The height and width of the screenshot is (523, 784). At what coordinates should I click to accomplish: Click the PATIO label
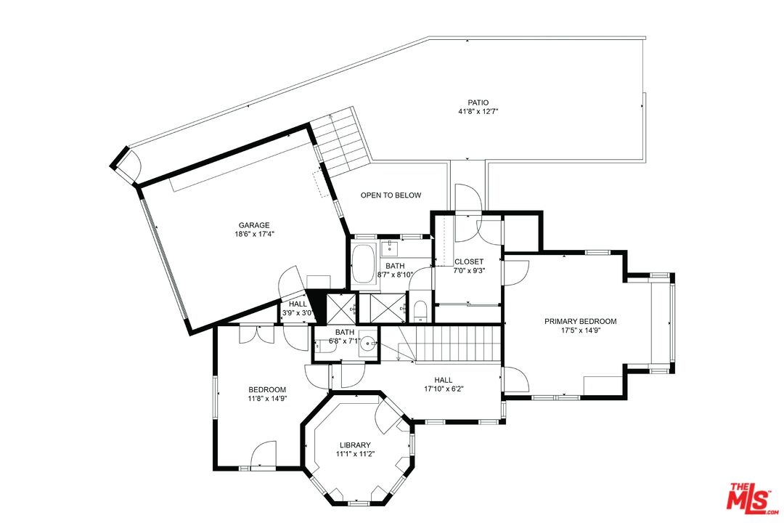coord(478,102)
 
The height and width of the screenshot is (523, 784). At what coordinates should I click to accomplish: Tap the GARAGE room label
coord(254,225)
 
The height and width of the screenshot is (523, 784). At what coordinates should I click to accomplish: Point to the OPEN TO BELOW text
coord(391,195)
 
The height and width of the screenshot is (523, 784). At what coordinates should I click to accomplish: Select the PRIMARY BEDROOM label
coord(581,321)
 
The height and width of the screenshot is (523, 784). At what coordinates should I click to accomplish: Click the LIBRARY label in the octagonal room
coord(355,445)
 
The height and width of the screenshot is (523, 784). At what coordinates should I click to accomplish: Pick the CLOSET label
coord(469,261)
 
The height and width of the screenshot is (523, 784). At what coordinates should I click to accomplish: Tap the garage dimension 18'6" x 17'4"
coord(254,234)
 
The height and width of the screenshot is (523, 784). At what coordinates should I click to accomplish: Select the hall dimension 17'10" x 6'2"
coord(444,389)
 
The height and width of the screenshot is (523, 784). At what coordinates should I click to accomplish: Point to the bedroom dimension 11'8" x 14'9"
coord(267,398)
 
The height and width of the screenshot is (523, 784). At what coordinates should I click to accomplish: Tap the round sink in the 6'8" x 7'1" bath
coord(369,344)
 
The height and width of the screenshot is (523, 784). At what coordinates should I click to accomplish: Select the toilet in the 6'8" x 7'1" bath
coord(322,345)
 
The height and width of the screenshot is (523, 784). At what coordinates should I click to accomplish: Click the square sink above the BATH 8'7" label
coord(390,247)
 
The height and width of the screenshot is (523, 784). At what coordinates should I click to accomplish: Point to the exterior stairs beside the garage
coord(340,140)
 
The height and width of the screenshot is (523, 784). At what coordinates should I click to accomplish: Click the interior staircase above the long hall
coord(450,344)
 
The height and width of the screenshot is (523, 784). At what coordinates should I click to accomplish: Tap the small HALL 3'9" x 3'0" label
coord(298,308)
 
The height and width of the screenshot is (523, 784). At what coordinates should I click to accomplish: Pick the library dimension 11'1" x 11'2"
coord(355,454)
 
